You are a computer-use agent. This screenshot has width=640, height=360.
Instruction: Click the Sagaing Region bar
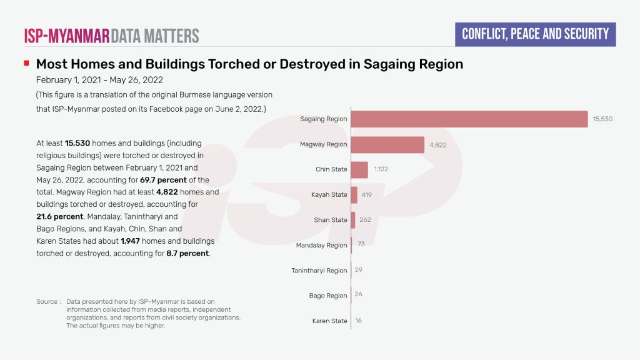(469, 119)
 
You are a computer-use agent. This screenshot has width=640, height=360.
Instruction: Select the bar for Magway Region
(387, 144)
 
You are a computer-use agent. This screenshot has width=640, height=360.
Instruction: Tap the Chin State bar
(359, 169)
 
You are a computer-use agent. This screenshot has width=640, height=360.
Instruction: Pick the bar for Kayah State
(354, 195)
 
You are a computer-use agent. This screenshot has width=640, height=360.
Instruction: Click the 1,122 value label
(381, 169)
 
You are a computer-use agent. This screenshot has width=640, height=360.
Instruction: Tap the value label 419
(366, 195)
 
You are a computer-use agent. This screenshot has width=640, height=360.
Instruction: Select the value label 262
(365, 220)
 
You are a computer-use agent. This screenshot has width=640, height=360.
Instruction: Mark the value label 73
(361, 244)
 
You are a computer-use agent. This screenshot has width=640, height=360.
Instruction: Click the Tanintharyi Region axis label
(319, 271)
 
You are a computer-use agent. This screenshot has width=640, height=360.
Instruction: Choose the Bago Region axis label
(328, 296)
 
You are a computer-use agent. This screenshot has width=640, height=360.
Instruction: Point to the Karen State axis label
(329, 321)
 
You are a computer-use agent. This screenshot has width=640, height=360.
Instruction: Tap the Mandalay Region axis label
(321, 246)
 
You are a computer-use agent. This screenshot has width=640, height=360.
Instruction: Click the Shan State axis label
(330, 220)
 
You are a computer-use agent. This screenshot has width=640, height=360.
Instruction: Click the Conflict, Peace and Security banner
(535, 34)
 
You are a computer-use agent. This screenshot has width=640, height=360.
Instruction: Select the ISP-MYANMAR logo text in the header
(67, 35)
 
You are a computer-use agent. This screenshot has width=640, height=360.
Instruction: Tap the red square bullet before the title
(26, 64)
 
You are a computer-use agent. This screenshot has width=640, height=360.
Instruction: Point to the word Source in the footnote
(47, 302)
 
